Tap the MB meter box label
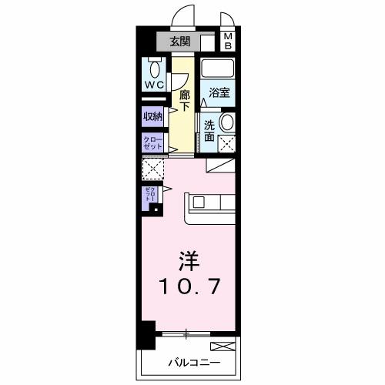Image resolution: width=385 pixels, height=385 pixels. click(x=228, y=40)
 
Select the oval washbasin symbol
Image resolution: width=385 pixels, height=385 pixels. click(x=228, y=123)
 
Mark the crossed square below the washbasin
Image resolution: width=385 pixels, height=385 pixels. click(x=227, y=142)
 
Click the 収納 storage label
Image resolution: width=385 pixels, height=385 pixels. click(x=152, y=116)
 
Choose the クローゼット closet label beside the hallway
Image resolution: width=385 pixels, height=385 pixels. click(x=151, y=142)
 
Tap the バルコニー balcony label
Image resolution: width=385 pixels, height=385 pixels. click(x=195, y=362)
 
